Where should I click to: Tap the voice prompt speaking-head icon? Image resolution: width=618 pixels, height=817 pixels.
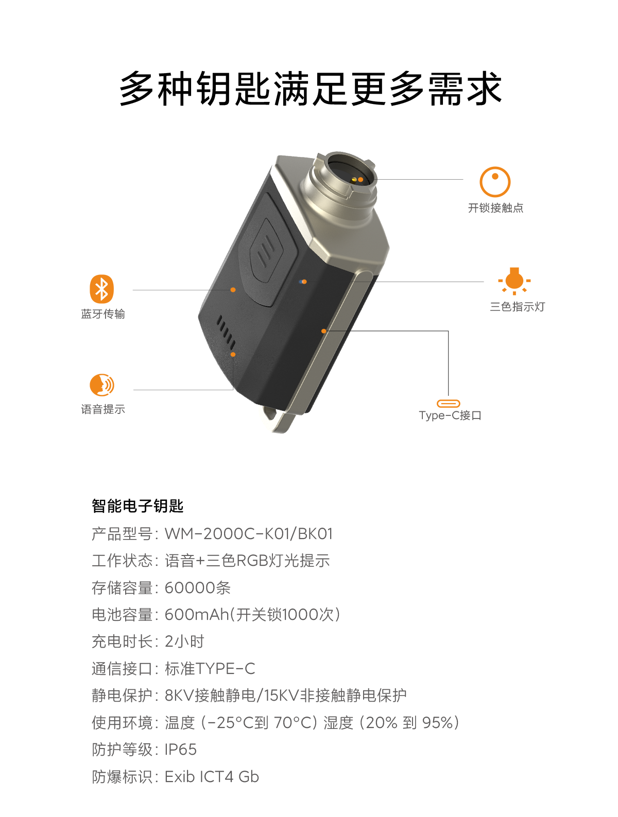[x=101, y=385]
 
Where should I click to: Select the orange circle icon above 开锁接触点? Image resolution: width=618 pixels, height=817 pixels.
[x=494, y=182]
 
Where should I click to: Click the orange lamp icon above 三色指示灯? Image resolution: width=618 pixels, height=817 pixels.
[x=514, y=281]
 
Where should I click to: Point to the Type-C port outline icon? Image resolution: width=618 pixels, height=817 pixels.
[x=448, y=403]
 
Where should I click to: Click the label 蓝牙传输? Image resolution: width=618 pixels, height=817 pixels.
[x=103, y=314]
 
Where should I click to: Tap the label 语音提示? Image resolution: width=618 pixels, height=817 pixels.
[x=103, y=409]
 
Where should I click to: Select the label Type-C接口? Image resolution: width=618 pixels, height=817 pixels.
[x=450, y=415]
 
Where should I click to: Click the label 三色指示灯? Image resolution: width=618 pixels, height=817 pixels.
[x=517, y=306]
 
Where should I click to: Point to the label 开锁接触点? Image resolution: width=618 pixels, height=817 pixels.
[x=495, y=207]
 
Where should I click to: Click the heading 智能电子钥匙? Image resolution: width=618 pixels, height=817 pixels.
[x=138, y=506]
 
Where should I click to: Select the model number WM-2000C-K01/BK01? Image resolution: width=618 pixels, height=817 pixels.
[x=248, y=533]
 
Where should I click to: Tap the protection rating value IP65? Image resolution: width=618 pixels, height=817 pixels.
[x=181, y=749]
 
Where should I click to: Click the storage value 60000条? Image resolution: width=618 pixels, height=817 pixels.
[x=197, y=587]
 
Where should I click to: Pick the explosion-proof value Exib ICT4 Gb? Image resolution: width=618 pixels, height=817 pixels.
[x=212, y=776]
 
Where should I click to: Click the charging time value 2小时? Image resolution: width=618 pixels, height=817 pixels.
[x=184, y=641]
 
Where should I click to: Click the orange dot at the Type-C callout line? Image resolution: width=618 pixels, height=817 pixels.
[x=323, y=331]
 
